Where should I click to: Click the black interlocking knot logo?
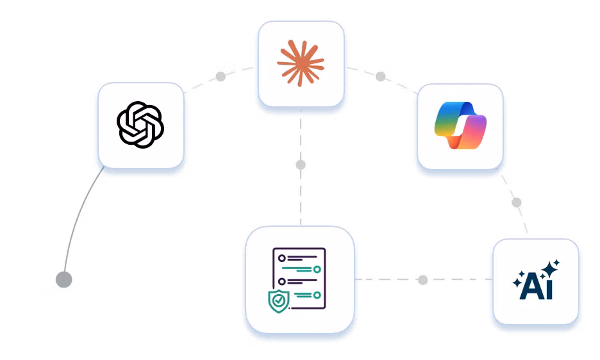pos(140,125)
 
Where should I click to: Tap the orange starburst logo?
pos(301,63)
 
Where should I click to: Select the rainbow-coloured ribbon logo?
pos(460,126)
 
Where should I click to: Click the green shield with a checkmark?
pos(279,301)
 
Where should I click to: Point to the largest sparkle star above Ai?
pos(550,269)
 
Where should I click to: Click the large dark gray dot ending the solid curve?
pos(64,280)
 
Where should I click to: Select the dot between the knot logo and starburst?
pos(221,76)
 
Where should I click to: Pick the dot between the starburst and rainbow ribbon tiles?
pos(380,76)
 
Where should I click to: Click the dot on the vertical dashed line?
pos(301,165)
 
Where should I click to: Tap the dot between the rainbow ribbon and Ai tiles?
pos(517,202)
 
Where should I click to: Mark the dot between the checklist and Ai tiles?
pos(423,280)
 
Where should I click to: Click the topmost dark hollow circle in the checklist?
pos(282,258)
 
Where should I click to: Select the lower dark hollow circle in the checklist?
pos(282,282)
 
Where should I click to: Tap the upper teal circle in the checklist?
pos(317,270)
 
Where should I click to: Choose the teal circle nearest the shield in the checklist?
pos(317,295)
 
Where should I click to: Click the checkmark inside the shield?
pos(279,300)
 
